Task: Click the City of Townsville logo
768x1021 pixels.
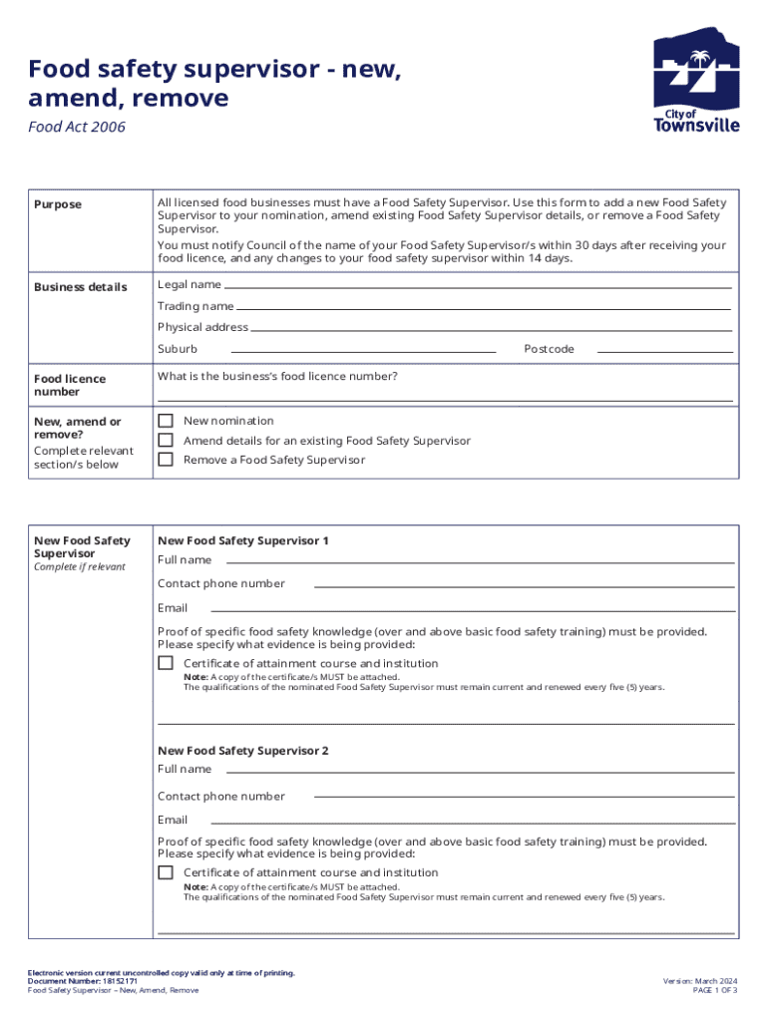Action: point(696,80)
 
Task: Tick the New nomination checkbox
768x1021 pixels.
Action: point(166,421)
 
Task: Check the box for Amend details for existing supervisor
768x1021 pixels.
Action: point(166,441)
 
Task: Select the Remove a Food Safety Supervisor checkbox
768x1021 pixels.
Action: point(166,460)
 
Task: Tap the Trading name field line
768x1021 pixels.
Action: point(484,308)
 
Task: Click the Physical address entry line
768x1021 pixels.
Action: point(491,329)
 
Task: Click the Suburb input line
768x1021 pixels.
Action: point(363,351)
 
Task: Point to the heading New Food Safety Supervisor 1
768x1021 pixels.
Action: point(243,540)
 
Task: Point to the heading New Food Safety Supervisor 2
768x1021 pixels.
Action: point(243,750)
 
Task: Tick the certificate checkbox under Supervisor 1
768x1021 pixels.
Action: point(166,663)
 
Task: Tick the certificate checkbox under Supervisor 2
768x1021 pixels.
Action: point(166,872)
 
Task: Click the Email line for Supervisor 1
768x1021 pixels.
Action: point(473,610)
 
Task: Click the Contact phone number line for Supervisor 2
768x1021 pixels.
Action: point(525,798)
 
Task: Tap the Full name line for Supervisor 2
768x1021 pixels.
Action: point(483,772)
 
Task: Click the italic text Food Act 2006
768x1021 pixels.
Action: point(77,128)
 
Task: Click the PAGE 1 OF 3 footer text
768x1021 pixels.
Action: point(714,990)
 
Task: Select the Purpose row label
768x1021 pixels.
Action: point(58,204)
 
